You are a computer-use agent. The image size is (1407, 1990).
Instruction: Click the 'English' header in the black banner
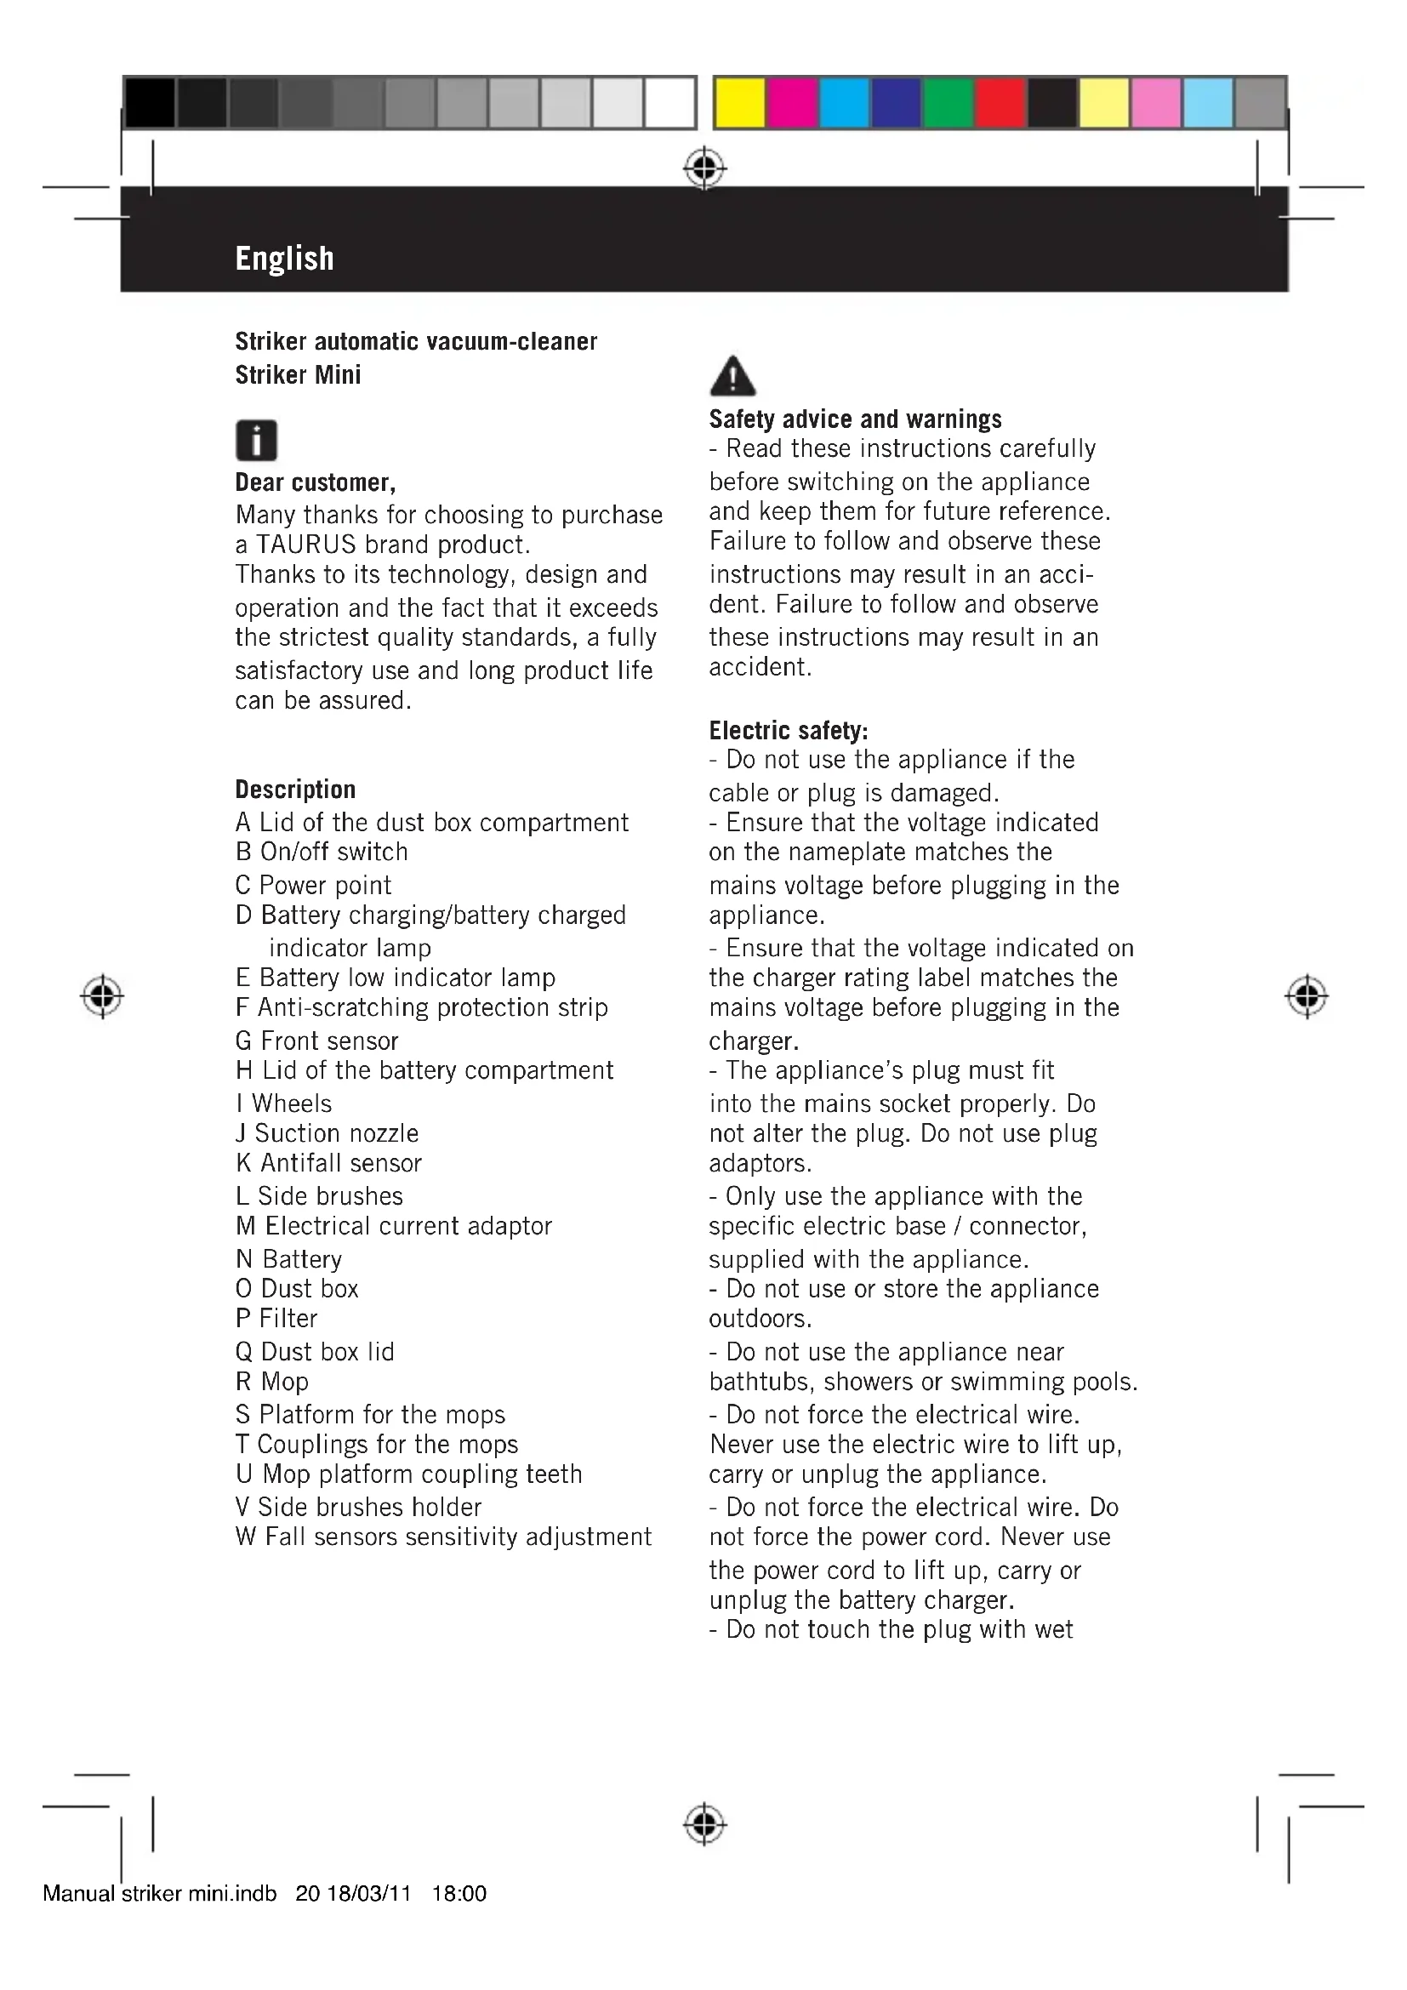tap(284, 259)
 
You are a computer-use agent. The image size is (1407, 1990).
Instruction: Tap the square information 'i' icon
tap(256, 441)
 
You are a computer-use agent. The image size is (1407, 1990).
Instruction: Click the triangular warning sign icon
tap(732, 377)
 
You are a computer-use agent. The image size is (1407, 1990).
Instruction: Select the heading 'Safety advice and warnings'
tap(855, 419)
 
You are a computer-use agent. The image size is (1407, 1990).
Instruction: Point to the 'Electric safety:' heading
tap(789, 731)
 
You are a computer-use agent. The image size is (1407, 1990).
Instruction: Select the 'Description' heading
tap(295, 790)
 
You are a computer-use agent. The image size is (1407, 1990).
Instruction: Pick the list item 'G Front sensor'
tap(317, 1040)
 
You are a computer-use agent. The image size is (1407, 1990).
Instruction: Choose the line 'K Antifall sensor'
tap(328, 1163)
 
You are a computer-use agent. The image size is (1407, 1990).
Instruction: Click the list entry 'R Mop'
tap(272, 1382)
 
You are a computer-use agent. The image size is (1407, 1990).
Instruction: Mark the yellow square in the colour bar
tap(740, 103)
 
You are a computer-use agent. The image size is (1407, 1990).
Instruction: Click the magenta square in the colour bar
tap(792, 103)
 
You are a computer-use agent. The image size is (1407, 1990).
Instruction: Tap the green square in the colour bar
tap(948, 103)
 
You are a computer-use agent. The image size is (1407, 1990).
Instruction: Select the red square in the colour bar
tap(1000, 103)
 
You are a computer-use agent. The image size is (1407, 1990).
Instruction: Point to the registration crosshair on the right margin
tap(1307, 996)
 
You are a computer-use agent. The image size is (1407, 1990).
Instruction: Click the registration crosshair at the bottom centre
tap(704, 1824)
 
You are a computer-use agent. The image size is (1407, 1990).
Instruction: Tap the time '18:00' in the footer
tap(459, 1894)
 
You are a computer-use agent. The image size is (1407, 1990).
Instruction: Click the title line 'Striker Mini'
tap(298, 375)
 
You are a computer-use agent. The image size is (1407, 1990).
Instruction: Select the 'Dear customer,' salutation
tap(316, 482)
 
